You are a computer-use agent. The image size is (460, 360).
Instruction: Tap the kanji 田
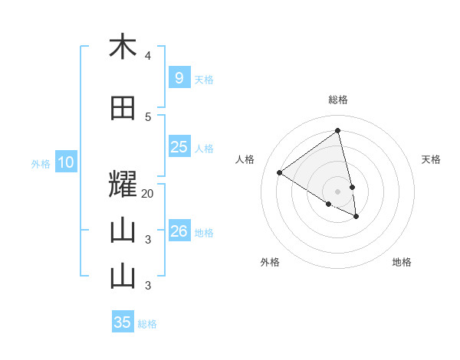[x=123, y=108]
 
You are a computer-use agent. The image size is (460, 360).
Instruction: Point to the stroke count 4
[x=148, y=56]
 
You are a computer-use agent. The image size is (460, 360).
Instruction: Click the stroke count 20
[x=148, y=194]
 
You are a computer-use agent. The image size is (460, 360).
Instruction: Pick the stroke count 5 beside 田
[x=148, y=117]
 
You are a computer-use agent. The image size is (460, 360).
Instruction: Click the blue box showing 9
[x=179, y=78]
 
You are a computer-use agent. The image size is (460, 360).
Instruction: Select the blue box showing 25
[x=179, y=147]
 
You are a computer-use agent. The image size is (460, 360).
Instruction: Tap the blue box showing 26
[x=179, y=231]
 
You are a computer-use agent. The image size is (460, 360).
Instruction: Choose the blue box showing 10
[x=65, y=162]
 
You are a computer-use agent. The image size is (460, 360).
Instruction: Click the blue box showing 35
[x=123, y=322]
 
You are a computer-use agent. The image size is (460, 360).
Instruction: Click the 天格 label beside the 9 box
[x=204, y=79]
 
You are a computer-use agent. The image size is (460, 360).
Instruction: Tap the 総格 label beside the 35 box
[x=147, y=323]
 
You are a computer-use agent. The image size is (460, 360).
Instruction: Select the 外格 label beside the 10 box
[x=41, y=163]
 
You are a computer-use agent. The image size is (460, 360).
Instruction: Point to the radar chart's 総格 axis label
[x=337, y=100]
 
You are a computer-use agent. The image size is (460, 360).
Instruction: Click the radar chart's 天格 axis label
[x=431, y=159]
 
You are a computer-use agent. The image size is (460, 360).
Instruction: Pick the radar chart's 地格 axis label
[x=402, y=262]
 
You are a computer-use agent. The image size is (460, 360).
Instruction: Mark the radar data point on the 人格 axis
[x=279, y=172]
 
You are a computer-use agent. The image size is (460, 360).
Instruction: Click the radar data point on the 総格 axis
[x=337, y=131]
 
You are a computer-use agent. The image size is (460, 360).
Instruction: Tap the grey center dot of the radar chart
[x=337, y=191]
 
